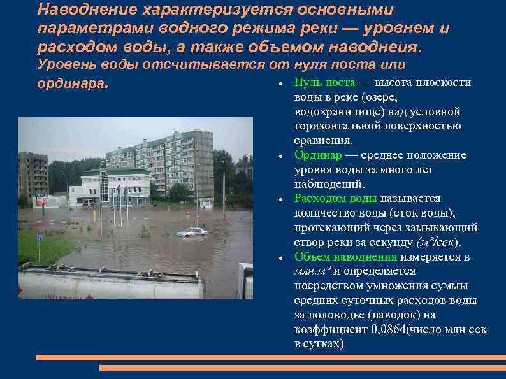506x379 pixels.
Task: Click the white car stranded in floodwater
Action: click(x=192, y=232)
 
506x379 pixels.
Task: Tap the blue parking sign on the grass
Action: click(x=38, y=238)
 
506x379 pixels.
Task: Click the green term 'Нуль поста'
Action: click(x=324, y=83)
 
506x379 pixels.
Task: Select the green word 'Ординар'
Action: click(x=317, y=155)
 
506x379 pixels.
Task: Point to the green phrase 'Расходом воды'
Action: click(x=335, y=199)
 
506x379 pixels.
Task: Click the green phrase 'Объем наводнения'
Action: click(x=345, y=257)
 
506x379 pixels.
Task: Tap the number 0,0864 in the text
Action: click(x=387, y=329)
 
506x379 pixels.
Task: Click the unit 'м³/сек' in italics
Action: click(x=437, y=243)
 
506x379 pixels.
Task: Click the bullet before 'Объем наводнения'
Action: click(x=280, y=258)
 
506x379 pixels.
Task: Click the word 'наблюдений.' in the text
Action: click(x=326, y=184)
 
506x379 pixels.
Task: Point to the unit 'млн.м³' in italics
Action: click(x=312, y=271)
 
